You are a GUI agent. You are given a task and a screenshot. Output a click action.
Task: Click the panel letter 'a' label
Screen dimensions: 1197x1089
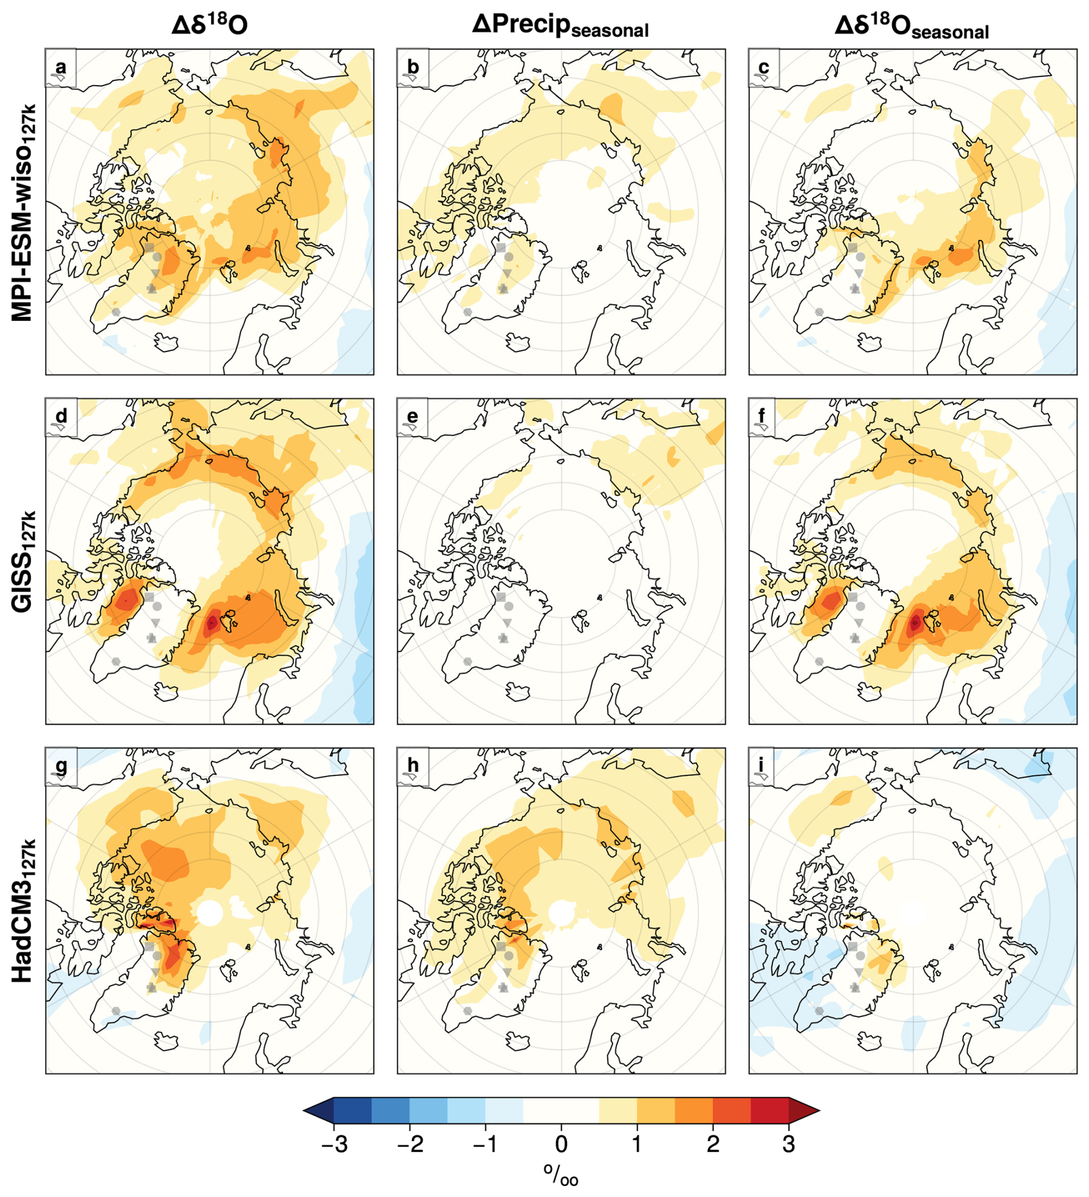[60, 67]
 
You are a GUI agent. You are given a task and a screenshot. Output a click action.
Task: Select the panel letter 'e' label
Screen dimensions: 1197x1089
[412, 417]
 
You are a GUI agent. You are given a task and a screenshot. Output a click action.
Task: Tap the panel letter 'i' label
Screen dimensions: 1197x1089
[763, 766]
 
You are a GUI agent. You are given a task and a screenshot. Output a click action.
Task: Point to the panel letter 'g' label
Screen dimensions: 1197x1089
[60, 766]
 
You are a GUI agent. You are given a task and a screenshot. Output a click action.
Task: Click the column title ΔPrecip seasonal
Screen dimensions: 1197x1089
[560, 26]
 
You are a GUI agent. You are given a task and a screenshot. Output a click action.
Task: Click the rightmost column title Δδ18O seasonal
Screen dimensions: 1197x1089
[911, 26]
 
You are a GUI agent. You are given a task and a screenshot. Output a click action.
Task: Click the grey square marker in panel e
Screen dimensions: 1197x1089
[501, 596]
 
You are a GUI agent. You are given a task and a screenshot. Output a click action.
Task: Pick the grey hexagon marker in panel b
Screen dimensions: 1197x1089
[467, 312]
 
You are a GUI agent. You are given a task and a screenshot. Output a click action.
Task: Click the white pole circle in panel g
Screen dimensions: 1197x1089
[209, 913]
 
